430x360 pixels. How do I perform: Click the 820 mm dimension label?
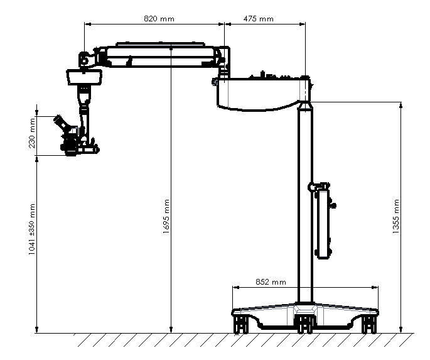pos(159,19)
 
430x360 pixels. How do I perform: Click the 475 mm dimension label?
pos(259,19)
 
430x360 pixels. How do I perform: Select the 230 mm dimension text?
pos(32,133)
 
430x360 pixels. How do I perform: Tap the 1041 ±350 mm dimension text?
pos(32,229)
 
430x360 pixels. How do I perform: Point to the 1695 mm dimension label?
pos(166,217)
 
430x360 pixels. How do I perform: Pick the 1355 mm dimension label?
pos(396,217)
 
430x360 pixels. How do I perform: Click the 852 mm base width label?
pos(271,282)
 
